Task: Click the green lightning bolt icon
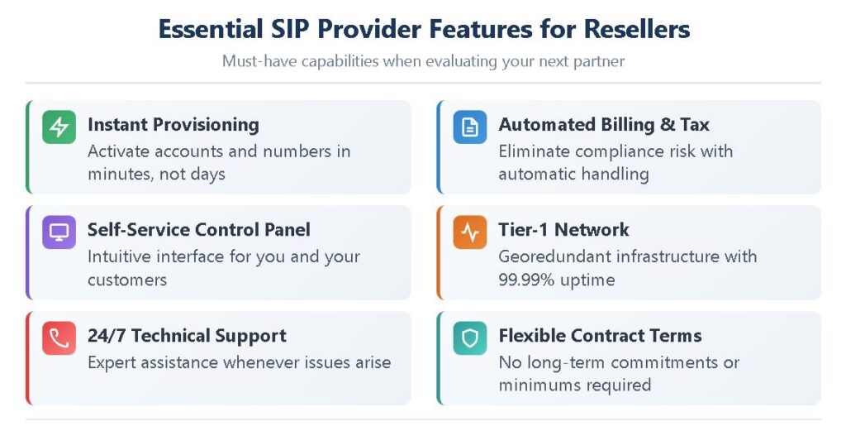(59, 127)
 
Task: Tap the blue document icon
(470, 127)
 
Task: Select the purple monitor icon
(59, 232)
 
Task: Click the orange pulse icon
(470, 232)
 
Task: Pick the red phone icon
(59, 338)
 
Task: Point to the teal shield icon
(470, 338)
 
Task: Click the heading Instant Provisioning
(173, 125)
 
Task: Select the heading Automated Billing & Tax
(604, 125)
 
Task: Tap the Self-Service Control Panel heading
(199, 229)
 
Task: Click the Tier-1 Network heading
(563, 229)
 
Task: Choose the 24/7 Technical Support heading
(188, 336)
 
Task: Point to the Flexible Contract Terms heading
(600, 335)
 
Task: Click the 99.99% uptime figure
(557, 280)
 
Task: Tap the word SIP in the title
(291, 29)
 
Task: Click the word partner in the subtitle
(599, 61)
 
